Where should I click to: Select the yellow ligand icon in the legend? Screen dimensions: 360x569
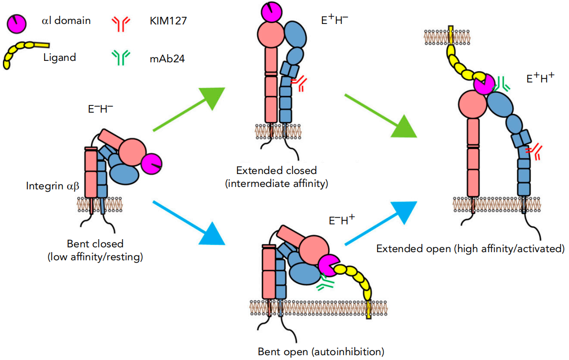point(24,54)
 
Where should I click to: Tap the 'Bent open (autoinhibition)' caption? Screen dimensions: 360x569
point(320,352)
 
